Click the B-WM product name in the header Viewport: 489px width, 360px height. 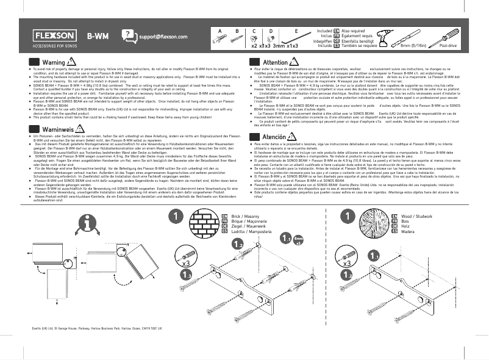coord(98,37)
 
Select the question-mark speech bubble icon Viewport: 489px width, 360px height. coord(129,36)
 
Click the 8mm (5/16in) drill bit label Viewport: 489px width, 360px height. coord(414,46)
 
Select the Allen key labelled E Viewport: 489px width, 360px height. coord(295,38)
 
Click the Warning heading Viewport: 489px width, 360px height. coord(54,63)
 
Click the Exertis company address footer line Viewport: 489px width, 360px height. coord(97,328)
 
